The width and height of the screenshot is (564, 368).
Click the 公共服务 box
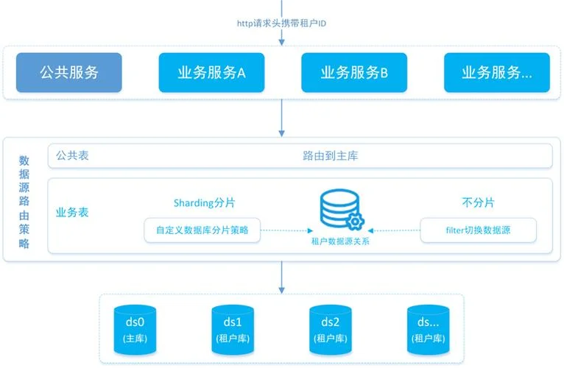[69, 72]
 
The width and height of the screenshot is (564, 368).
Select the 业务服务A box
[211, 72]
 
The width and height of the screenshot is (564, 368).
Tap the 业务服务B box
[354, 72]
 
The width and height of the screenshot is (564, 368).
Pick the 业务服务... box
[497, 72]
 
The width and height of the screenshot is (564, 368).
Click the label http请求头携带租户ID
[281, 24]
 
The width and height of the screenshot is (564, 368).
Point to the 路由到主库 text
[330, 156]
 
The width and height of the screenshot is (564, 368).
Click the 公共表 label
[72, 155]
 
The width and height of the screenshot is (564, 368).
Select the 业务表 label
[72, 212]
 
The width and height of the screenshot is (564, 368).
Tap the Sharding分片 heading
[204, 203]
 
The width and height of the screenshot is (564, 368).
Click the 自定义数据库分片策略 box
[202, 230]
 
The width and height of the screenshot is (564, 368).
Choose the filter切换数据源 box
[478, 230]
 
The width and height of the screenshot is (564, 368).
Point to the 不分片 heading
[478, 202]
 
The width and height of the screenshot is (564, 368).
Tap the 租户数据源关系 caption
[340, 241]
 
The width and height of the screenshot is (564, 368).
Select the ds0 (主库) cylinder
[135, 330]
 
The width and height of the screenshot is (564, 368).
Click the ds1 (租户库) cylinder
[233, 330]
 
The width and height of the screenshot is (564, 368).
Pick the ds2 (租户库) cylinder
[330, 330]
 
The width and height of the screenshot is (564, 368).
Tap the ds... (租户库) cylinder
[428, 330]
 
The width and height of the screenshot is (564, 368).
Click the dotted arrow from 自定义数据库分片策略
[286, 230]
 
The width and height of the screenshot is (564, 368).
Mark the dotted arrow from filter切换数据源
[394, 230]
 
